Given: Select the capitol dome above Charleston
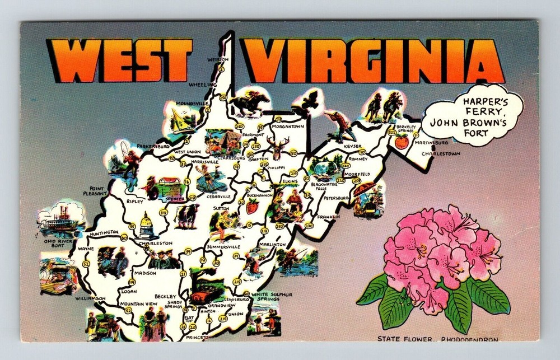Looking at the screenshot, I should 147,226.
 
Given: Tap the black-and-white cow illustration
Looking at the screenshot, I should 187,214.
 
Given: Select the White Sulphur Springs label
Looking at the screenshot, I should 272,296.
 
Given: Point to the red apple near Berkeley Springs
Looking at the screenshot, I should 401,142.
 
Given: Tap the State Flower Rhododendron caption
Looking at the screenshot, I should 437,338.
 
